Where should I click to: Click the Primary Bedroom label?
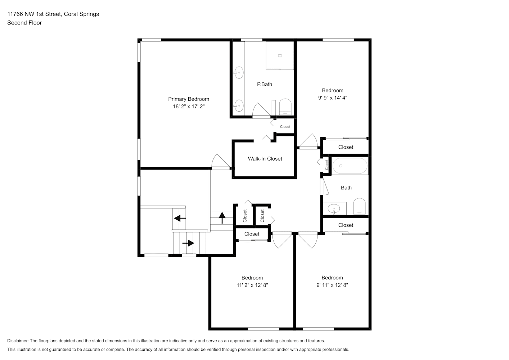[189, 99]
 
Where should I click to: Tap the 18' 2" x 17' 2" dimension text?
[189, 106]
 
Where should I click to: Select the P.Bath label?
[265, 84]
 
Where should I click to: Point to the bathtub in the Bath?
[350, 166]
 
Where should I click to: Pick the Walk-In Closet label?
[265, 159]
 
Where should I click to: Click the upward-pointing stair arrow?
[222, 217]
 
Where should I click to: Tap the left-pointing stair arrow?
[180, 218]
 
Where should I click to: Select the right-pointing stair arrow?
[188, 243]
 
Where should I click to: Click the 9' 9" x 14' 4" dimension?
[333, 98]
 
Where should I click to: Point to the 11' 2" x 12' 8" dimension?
[252, 285]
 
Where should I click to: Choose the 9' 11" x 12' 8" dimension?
[332, 285]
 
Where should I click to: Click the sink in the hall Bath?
[334, 209]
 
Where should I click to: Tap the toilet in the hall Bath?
[360, 206]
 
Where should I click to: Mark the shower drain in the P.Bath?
[280, 56]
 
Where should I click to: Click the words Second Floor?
[24, 23]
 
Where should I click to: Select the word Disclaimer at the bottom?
[18, 341]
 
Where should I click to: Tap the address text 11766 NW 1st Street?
[34, 14]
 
